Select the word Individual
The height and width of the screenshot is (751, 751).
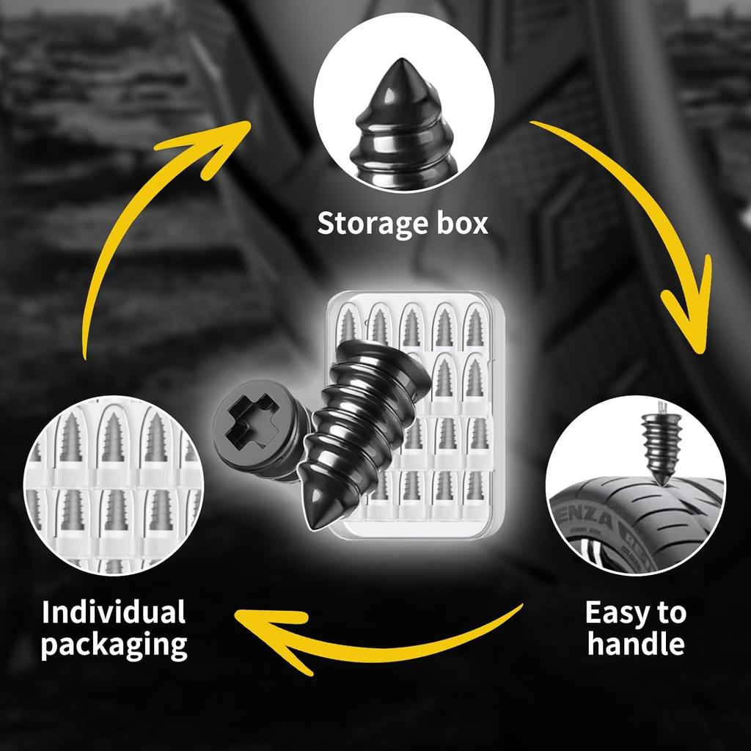click(114, 612)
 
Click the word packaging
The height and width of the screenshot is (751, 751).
click(114, 645)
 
